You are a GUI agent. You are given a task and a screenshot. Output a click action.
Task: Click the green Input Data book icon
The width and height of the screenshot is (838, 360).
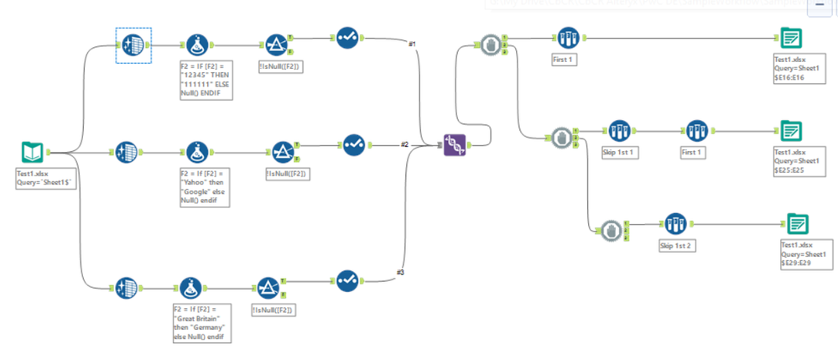tap(32, 152)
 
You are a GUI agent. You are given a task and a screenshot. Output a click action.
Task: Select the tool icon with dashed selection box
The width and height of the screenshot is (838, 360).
tap(133, 44)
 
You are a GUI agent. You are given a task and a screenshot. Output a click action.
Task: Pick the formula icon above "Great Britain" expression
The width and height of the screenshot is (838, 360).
tap(188, 288)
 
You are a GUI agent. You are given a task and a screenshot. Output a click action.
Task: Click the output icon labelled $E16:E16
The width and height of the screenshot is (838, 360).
tap(789, 39)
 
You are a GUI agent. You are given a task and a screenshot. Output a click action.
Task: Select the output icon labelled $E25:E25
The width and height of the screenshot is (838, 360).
tap(789, 132)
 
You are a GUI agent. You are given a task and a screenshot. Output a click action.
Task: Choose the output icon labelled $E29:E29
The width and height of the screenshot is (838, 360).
tap(798, 224)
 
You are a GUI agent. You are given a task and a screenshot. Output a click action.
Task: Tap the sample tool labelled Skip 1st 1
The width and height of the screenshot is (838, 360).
tap(618, 131)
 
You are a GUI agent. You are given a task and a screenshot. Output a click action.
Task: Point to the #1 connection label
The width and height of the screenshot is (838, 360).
tap(411, 43)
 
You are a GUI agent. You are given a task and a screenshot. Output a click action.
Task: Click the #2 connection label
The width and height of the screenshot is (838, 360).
tap(403, 144)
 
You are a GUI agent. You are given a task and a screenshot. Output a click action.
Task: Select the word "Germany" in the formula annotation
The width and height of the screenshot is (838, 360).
tap(205, 328)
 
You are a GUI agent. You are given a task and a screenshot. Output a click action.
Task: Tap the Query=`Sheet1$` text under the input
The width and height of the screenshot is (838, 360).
tap(43, 182)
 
